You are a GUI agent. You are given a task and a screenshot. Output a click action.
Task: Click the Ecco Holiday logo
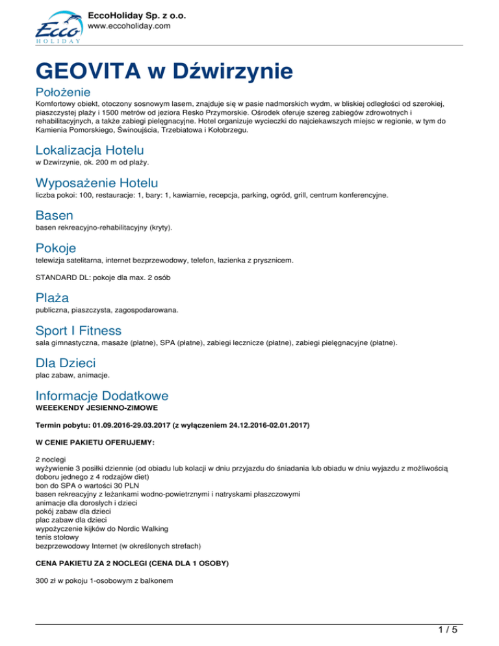57,26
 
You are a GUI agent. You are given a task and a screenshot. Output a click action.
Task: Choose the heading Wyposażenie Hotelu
97,183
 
